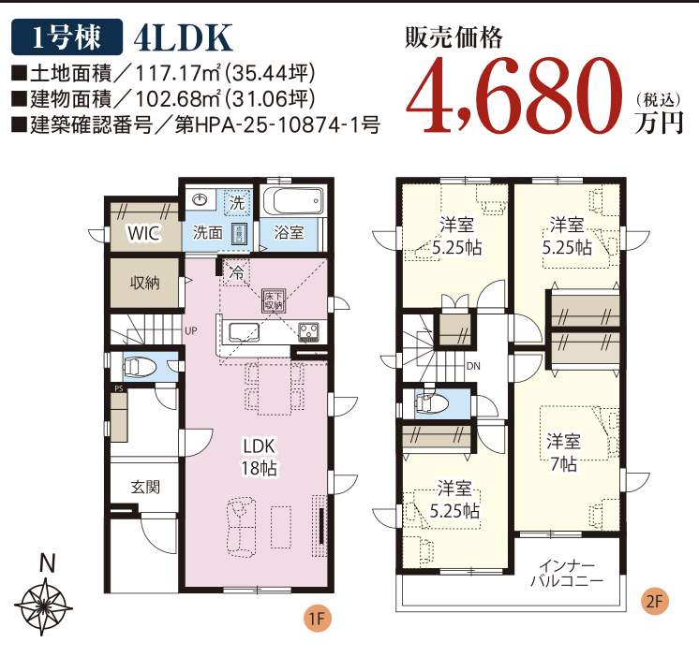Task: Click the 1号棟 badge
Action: (x=67, y=36)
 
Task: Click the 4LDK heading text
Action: (x=183, y=37)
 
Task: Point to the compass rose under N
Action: (x=43, y=606)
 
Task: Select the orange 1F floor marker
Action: (x=317, y=619)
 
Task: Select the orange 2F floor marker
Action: (x=654, y=602)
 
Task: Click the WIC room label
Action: (x=143, y=233)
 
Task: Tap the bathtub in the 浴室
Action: (x=292, y=201)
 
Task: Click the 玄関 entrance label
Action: (x=145, y=487)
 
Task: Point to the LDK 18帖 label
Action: (x=259, y=457)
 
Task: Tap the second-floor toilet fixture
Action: (x=432, y=402)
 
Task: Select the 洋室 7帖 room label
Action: (x=564, y=452)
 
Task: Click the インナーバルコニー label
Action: (x=566, y=574)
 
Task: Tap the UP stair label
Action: (x=191, y=331)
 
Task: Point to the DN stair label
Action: (x=473, y=366)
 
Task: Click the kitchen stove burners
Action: (x=308, y=330)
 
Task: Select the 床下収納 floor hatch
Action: (x=274, y=301)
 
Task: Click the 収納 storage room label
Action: (x=145, y=283)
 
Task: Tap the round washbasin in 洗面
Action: (x=200, y=199)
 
